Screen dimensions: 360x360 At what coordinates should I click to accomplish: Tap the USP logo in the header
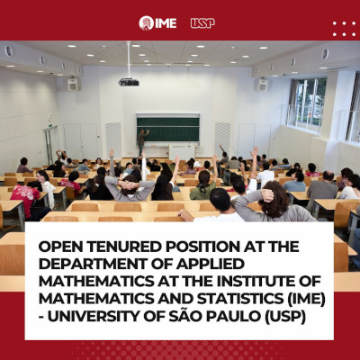point(202,23)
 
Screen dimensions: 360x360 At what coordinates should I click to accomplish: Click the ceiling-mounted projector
point(129,82)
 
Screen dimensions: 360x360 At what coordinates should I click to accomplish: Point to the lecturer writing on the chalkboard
point(142,142)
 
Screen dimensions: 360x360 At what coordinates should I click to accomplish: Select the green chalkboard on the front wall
point(168,130)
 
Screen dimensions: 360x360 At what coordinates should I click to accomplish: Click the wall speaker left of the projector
point(73,85)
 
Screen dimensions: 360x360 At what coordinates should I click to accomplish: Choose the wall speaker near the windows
point(263,85)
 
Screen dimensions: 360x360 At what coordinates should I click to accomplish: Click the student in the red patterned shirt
point(25,200)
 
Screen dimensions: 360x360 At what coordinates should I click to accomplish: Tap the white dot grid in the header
point(344,29)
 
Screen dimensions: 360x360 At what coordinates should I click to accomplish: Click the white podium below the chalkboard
point(182,152)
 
